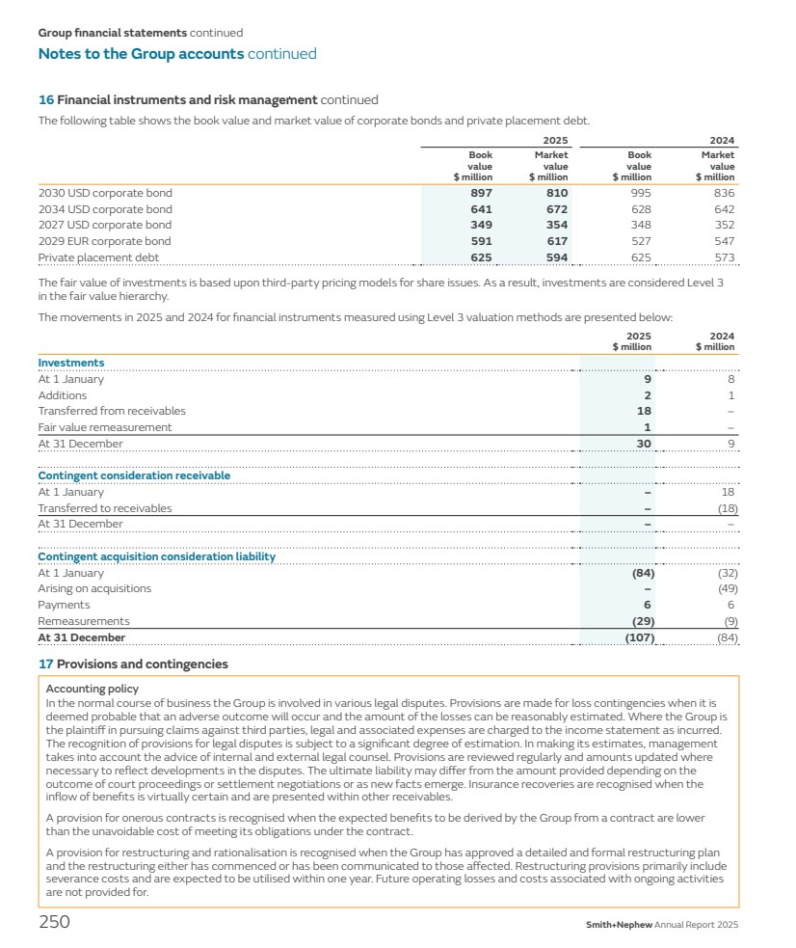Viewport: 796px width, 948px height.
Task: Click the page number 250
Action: (54, 922)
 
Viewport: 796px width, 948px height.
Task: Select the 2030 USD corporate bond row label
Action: (105, 193)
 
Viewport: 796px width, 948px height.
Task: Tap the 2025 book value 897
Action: (480, 193)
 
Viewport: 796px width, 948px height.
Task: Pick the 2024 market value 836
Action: (724, 193)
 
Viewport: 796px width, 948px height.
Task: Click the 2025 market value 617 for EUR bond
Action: (556, 241)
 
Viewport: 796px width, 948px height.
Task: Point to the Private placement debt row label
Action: (98, 257)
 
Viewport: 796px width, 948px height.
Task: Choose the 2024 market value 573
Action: (725, 257)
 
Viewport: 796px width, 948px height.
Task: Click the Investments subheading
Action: (71, 363)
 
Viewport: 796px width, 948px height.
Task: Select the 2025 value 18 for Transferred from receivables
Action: (645, 411)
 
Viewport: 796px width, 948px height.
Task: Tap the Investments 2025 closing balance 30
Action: (644, 444)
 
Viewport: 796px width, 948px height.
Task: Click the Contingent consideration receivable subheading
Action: (134, 475)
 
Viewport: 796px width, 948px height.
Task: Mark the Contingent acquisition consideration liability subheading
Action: (156, 556)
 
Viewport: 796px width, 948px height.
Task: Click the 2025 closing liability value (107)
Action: (636, 637)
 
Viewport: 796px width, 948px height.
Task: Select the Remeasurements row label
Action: (84, 621)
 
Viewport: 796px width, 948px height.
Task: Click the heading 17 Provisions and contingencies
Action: (133, 664)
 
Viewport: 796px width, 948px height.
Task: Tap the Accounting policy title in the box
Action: (93, 689)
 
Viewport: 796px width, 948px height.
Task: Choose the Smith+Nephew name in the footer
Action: (619, 925)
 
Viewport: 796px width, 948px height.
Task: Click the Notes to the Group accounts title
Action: (141, 54)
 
